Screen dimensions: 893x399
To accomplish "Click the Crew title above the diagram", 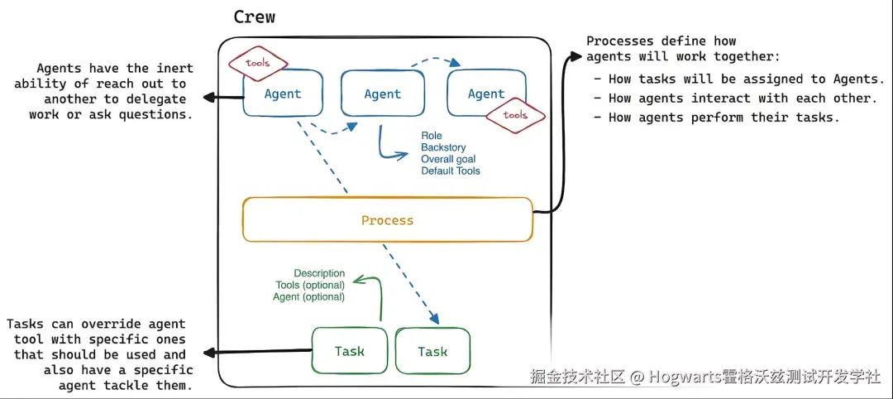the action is [x=255, y=17].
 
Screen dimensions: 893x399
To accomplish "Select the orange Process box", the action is [x=388, y=219].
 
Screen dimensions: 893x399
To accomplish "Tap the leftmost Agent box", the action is [x=283, y=94].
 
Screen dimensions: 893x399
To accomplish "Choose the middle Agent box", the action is [x=383, y=94].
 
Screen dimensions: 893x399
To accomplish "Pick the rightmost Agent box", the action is [x=486, y=94].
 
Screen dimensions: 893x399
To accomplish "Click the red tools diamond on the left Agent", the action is [x=257, y=63].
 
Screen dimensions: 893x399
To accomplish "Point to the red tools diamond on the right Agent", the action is [x=515, y=115].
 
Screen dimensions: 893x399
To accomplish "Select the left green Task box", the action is [x=350, y=350].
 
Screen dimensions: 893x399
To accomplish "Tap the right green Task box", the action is [x=432, y=351].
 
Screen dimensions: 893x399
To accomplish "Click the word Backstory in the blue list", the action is [x=444, y=147].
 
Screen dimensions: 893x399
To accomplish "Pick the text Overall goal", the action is [x=448, y=159].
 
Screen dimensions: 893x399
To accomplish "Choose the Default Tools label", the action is [x=451, y=171].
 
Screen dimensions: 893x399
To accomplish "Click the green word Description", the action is [x=319, y=274].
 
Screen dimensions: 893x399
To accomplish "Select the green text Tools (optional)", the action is [x=310, y=285].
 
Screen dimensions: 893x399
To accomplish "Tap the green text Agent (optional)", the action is [x=309, y=297].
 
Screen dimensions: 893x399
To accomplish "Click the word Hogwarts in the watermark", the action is [x=685, y=377].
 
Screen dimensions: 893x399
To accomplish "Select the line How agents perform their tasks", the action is [x=716, y=118].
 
